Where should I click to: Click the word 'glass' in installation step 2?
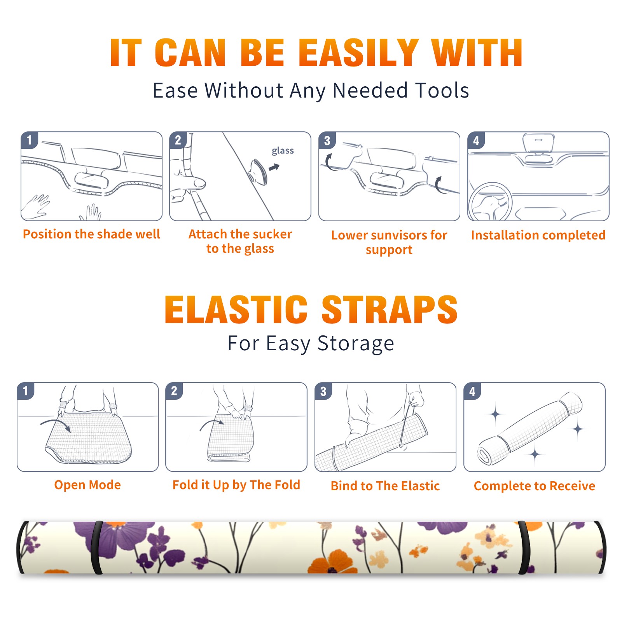283,151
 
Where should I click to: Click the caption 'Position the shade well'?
91,234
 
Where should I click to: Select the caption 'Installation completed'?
538,235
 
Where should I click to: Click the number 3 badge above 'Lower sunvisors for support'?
327,141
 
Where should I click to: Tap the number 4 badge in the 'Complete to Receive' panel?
472,391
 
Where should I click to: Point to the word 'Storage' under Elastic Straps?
356,344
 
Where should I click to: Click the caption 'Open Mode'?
87,485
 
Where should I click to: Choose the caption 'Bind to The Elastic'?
385,486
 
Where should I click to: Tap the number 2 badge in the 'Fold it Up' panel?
174,391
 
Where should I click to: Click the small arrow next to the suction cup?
274,167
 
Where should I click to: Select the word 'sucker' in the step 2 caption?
272,234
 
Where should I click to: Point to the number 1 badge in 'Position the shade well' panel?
29,140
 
